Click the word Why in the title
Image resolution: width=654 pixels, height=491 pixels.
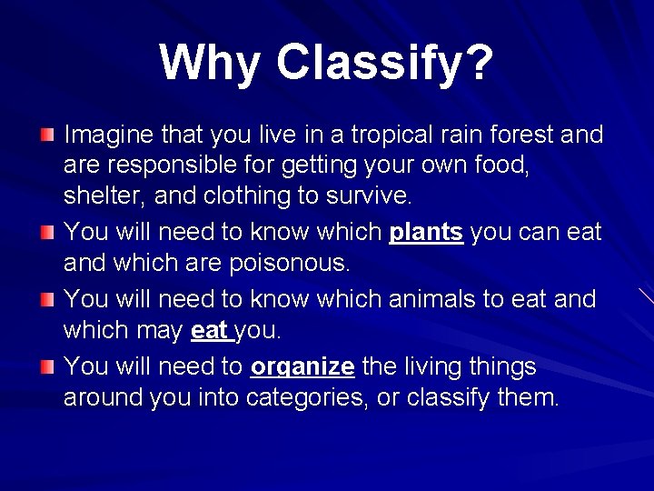pyautogui.click(x=210, y=64)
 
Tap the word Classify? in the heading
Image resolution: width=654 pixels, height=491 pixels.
pyautogui.click(x=385, y=64)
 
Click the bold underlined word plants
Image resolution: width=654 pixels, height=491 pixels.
pyautogui.click(x=426, y=233)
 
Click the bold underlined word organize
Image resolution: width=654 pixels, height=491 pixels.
pyautogui.click(x=302, y=367)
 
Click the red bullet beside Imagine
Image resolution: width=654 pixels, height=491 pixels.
pyautogui.click(x=47, y=135)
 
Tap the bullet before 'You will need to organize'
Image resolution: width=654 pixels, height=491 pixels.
pyautogui.click(x=47, y=366)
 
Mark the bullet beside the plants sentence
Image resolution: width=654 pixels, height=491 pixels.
pyautogui.click(x=47, y=232)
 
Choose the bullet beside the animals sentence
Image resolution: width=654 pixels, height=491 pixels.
pyautogui.click(x=47, y=299)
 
